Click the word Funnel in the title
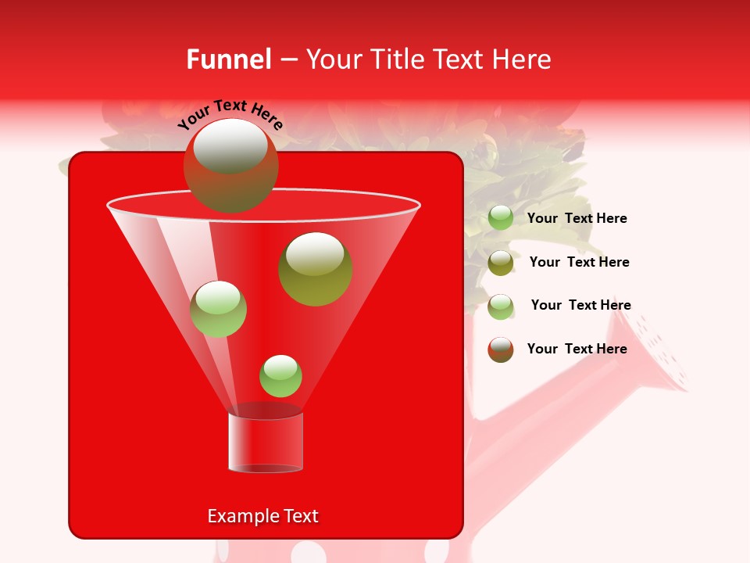coord(229,59)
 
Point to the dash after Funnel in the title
coord(287,60)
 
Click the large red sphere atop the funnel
coord(230,166)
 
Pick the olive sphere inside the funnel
coord(316,270)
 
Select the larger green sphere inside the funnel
coord(219,310)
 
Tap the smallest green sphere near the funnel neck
coord(280,376)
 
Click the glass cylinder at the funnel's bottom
coord(266,441)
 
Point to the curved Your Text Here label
coord(230,114)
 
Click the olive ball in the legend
coord(501,263)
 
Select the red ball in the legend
coord(501,350)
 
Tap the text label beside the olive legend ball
coord(579,262)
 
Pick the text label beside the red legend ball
coord(577,349)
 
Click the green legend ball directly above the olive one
coord(501,218)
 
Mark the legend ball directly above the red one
coord(501,307)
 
